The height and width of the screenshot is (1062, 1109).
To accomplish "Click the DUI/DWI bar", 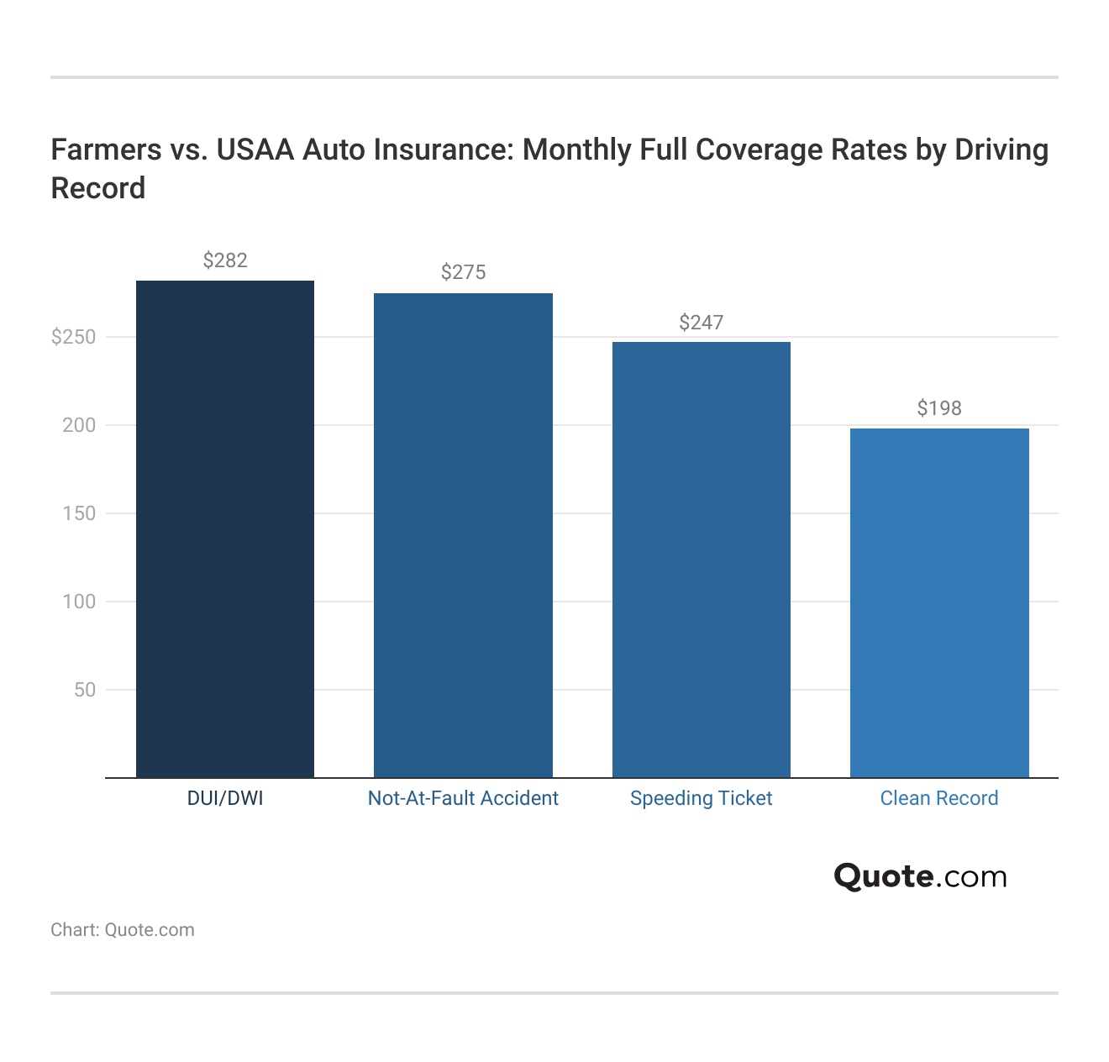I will pyautogui.click(x=225, y=529).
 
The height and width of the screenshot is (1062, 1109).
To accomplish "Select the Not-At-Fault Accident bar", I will pyautogui.click(x=463, y=535).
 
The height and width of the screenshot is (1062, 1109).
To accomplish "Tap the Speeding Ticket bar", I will pyautogui.click(x=701, y=560).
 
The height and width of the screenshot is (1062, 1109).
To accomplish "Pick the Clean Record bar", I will pyautogui.click(x=939, y=602).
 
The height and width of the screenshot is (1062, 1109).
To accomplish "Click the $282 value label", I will pyautogui.click(x=225, y=260).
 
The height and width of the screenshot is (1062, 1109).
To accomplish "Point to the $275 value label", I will pyautogui.click(x=463, y=272).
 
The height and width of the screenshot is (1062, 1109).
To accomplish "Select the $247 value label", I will pyautogui.click(x=701, y=323).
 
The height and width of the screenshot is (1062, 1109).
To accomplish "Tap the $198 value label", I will pyautogui.click(x=939, y=408).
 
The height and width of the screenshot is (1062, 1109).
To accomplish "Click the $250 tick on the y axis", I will pyautogui.click(x=74, y=337).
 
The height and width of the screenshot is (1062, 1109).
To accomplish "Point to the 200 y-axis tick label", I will pyautogui.click(x=79, y=425).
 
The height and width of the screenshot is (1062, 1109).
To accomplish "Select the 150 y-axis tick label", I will pyautogui.click(x=79, y=513).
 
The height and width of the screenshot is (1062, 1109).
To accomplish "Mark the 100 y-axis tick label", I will pyautogui.click(x=79, y=602).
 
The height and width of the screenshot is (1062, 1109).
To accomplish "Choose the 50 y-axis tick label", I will pyautogui.click(x=85, y=690).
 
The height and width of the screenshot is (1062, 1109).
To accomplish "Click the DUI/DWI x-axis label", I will pyautogui.click(x=225, y=798).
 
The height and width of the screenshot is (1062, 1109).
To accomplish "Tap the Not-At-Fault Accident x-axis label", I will pyautogui.click(x=463, y=798).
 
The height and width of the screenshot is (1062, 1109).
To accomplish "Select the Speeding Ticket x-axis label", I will pyautogui.click(x=701, y=798).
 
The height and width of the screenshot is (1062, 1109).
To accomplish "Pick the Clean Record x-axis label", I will pyautogui.click(x=939, y=798).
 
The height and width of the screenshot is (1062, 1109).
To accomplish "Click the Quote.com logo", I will pyautogui.click(x=920, y=876).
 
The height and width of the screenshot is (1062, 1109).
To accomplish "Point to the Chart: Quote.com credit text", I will pyautogui.click(x=123, y=930).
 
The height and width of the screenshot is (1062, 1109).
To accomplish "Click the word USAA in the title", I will pyautogui.click(x=255, y=150).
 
